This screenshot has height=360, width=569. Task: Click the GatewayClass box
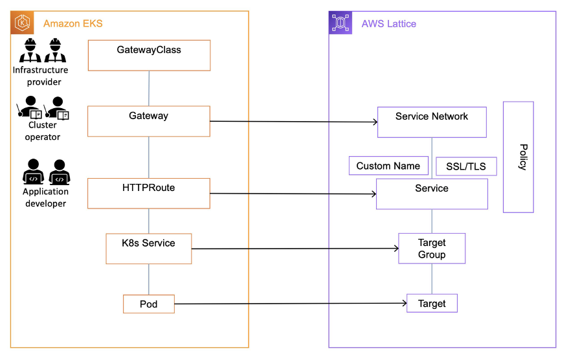tap(149, 55)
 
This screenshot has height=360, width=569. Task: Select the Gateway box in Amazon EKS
tap(149, 121)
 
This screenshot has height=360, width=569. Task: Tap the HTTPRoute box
tap(149, 194)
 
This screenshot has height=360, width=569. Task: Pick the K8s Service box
tap(149, 249)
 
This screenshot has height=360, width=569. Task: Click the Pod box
tap(149, 304)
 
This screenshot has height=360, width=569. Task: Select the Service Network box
tap(432, 122)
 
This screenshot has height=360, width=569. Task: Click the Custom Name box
tap(388, 166)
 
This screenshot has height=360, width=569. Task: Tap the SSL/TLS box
tap(466, 166)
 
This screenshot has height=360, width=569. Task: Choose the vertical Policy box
tap(519, 157)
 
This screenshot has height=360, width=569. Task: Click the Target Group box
tap(432, 249)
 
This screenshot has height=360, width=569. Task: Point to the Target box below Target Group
tap(432, 303)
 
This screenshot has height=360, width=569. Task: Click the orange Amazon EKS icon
tap(23, 23)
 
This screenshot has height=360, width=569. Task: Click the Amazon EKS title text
tap(73, 24)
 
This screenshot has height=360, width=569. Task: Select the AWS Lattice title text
tap(388, 24)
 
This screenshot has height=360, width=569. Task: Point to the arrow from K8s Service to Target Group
tap(295, 249)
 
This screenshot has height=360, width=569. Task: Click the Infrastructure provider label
tap(40, 76)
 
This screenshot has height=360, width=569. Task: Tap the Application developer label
tap(46, 197)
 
